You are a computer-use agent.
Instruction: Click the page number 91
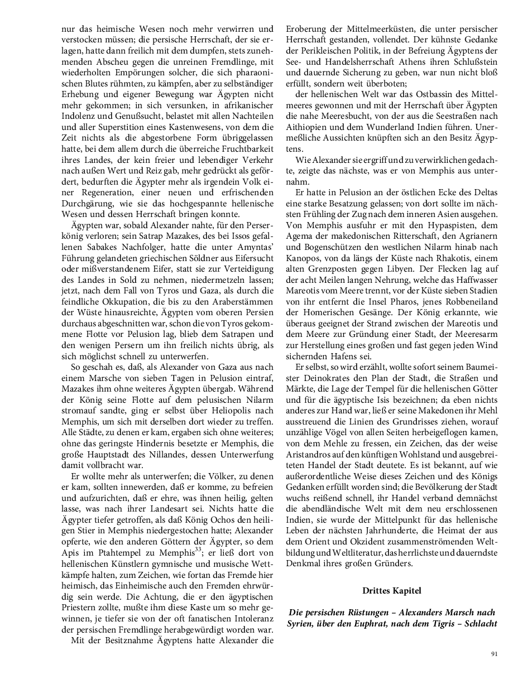pyautogui.click(x=494, y=654)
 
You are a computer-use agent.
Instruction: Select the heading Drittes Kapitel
pyautogui.click(x=391, y=590)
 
